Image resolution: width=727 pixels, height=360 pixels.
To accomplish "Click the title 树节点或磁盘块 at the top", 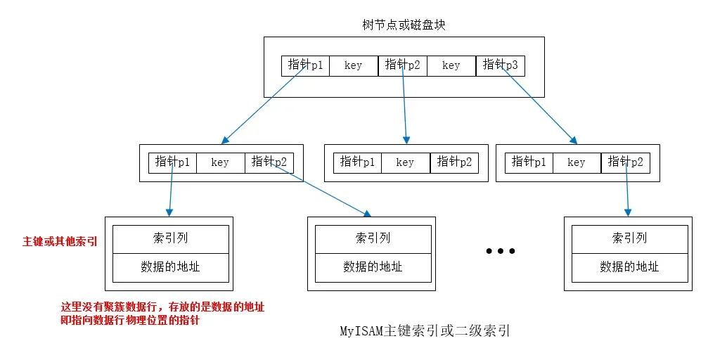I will [x=404, y=25].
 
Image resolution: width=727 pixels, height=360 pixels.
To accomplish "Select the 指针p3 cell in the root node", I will [x=501, y=65].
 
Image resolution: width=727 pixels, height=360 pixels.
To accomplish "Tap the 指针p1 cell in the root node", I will [x=306, y=65].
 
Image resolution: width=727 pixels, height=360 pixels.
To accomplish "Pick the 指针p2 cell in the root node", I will [x=403, y=65].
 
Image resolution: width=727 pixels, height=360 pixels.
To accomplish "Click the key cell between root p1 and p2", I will [x=354, y=65].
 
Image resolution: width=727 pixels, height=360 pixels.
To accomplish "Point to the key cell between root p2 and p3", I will [x=451, y=65].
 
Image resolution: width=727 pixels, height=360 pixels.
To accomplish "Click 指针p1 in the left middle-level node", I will [x=173, y=162].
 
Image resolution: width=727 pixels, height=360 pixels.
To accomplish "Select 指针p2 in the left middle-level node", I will [x=269, y=162].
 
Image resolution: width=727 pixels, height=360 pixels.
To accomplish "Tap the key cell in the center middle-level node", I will [x=406, y=162].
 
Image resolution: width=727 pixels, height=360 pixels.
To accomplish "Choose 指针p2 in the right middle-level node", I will [x=626, y=162].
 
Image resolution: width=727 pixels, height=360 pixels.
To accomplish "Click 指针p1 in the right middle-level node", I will [x=529, y=162].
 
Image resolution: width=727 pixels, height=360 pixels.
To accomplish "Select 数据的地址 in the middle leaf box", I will [x=373, y=267].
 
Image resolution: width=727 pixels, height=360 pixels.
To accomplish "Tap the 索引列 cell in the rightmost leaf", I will [x=629, y=238].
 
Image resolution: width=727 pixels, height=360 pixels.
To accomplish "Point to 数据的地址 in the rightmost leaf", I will [x=629, y=267].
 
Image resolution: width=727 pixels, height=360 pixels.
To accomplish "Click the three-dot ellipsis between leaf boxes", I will [x=501, y=251].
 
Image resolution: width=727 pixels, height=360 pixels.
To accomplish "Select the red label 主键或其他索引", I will [x=60, y=242].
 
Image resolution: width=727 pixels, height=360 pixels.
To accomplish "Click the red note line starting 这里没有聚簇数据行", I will [x=163, y=307].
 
